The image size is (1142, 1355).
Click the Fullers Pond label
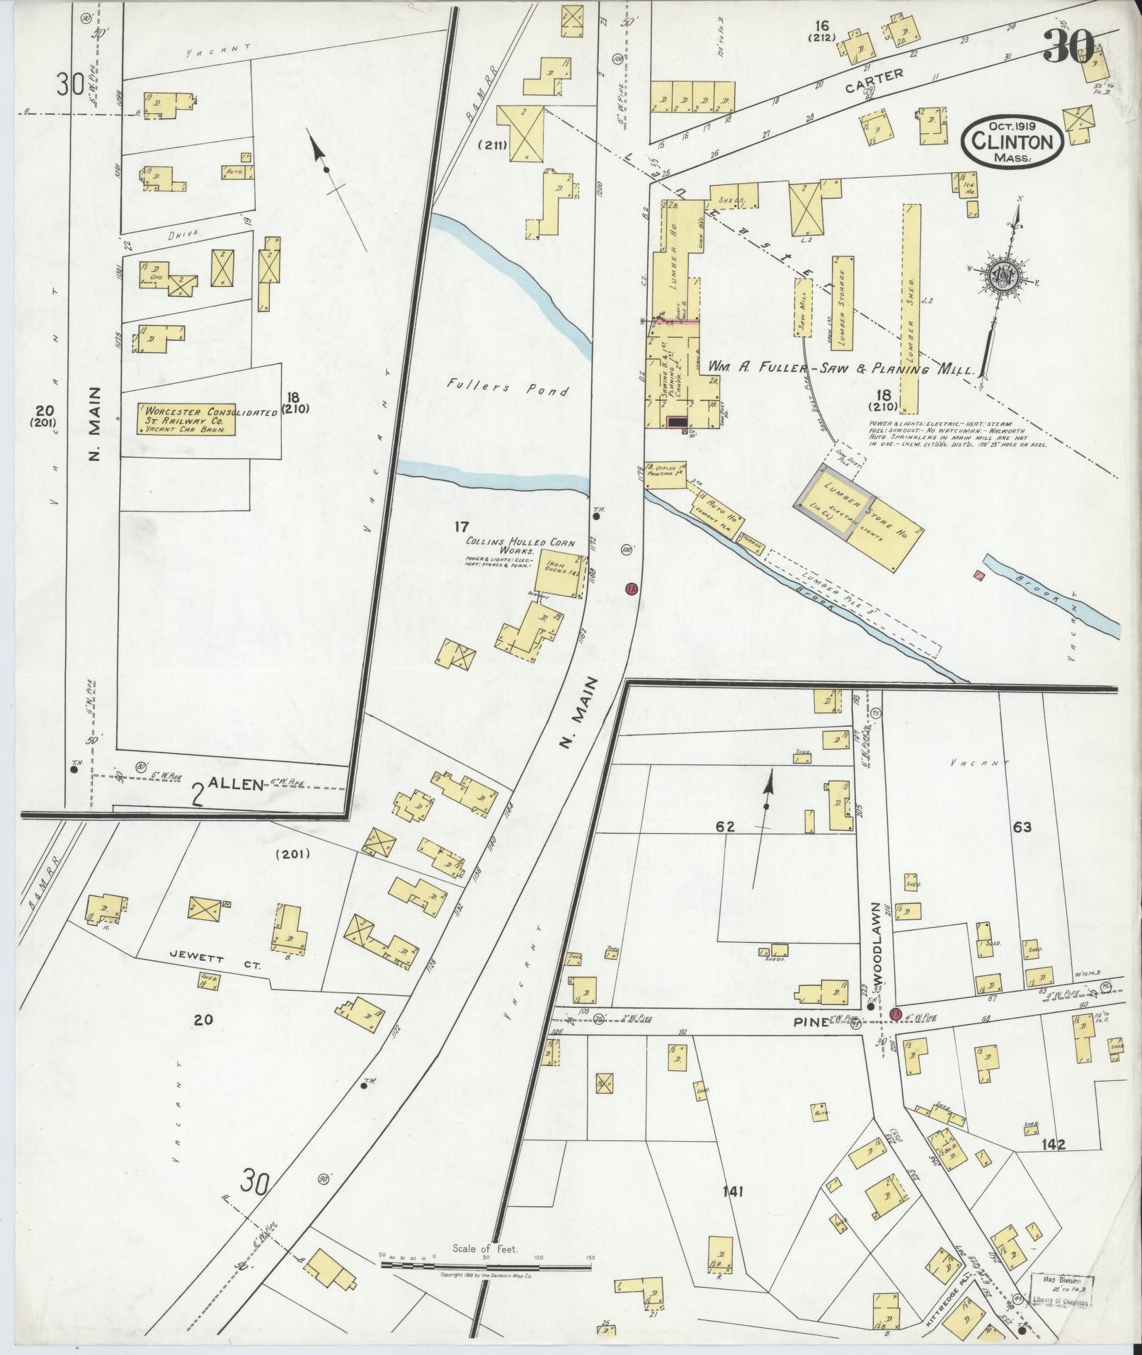pyautogui.click(x=508, y=388)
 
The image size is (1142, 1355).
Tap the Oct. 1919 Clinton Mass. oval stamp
pyautogui.click(x=1012, y=142)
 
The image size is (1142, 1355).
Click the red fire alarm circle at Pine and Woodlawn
pyautogui.click(x=896, y=1014)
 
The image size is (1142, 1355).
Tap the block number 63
pyautogui.click(x=1022, y=826)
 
